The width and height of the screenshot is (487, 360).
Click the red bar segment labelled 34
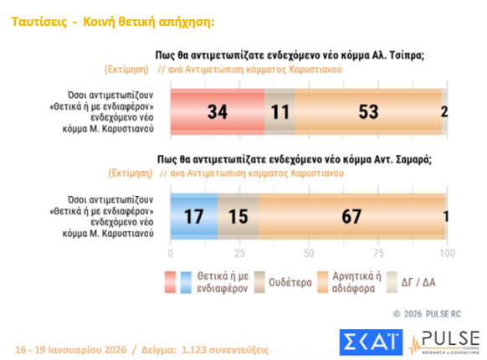click(218, 111)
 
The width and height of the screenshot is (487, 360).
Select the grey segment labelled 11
click(279, 111)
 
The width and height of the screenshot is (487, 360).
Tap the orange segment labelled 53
click(368, 111)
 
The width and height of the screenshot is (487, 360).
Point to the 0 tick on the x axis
click(171, 253)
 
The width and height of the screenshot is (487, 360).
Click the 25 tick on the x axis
click(239, 253)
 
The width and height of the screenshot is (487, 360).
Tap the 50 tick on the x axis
click(309, 253)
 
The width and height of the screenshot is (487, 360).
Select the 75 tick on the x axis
click(378, 253)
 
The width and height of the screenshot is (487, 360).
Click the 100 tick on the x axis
click(447, 253)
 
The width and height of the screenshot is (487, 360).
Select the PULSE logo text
click(449, 338)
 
